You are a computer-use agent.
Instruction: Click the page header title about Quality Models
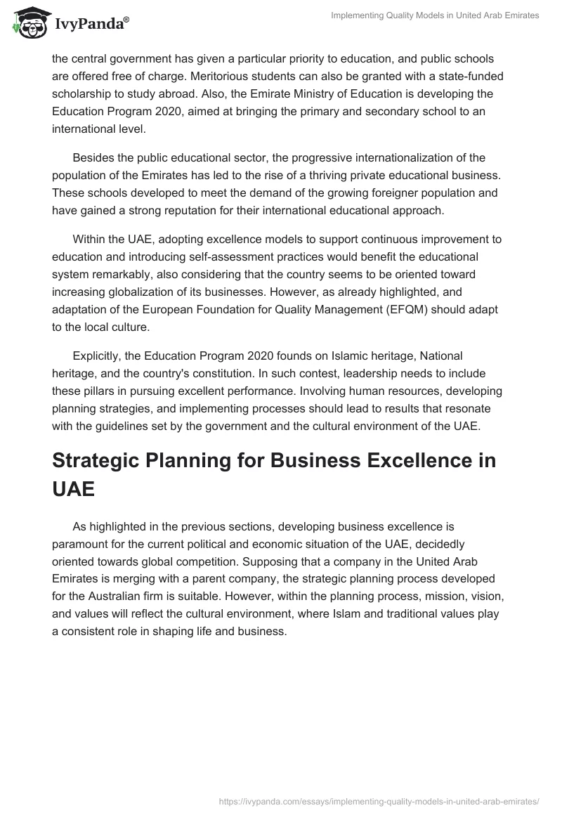pos(435,16)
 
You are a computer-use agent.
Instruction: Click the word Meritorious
pos(81,76)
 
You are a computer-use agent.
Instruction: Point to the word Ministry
pos(263,94)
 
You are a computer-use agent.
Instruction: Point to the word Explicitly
pos(98,357)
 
